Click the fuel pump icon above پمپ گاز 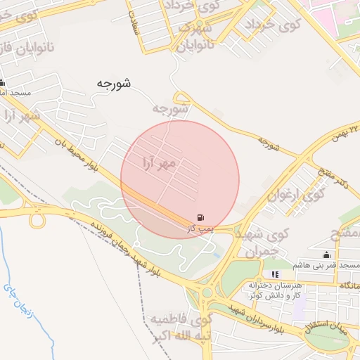point(202,217)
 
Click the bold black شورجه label point(114,84)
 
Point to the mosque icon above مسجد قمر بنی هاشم point(326,255)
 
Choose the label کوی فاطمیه point(179,320)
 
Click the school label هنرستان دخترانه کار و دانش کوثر point(274,290)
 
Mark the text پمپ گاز point(200,229)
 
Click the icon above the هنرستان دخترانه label point(274,274)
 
